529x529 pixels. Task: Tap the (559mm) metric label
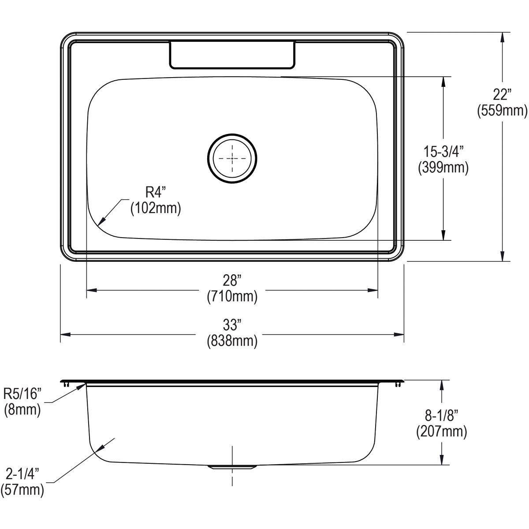pyautogui.click(x=502, y=111)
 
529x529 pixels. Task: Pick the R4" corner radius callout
pyautogui.click(x=155, y=192)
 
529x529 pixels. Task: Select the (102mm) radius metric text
pyautogui.click(x=155, y=208)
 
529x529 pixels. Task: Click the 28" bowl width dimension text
pyautogui.click(x=232, y=280)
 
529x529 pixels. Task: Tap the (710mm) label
pyautogui.click(x=232, y=296)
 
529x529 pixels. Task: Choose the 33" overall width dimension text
pyautogui.click(x=232, y=325)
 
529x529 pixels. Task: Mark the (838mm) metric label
pyautogui.click(x=232, y=341)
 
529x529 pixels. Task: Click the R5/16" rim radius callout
pyautogui.click(x=22, y=393)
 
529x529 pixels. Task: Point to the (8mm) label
pyautogui.click(x=22, y=410)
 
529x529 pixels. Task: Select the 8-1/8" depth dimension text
pyautogui.click(x=441, y=415)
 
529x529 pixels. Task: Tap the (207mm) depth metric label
pyautogui.click(x=441, y=432)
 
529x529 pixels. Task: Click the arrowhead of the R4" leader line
pyautogui.click(x=100, y=224)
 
